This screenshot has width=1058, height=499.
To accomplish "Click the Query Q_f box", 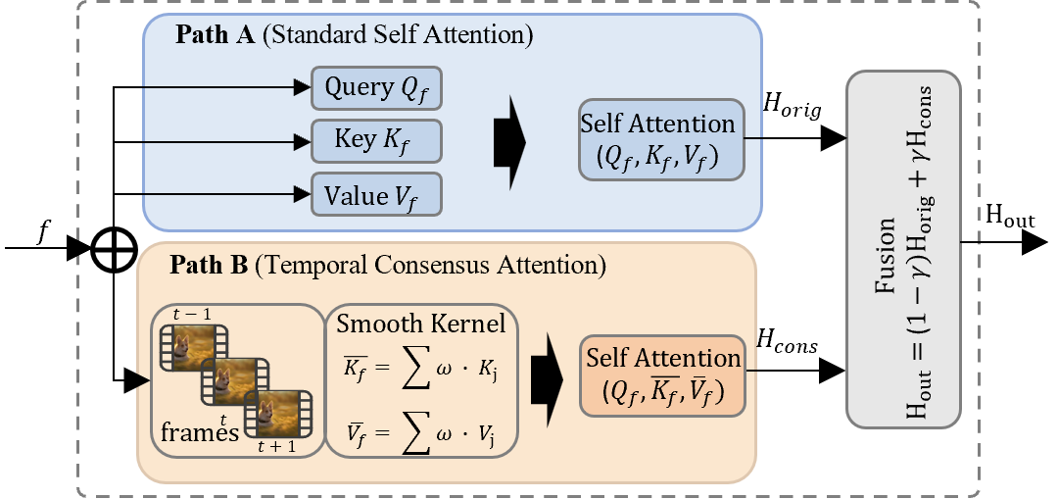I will tap(376, 88).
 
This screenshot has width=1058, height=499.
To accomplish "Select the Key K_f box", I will tap(376, 141).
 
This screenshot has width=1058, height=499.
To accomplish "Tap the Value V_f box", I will tap(376, 195).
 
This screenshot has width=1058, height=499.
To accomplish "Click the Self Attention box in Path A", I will tap(657, 139).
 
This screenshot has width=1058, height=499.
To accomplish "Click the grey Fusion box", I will tap(903, 249).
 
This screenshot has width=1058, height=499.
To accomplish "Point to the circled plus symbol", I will tap(114, 249).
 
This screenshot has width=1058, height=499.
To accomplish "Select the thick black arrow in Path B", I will tap(547, 376).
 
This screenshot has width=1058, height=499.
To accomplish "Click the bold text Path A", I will tap(215, 35).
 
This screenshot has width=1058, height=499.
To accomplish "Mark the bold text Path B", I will tap(209, 266).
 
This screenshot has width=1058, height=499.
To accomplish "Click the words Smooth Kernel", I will tap(421, 323).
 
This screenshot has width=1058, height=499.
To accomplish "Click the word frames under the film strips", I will tap(200, 432).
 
